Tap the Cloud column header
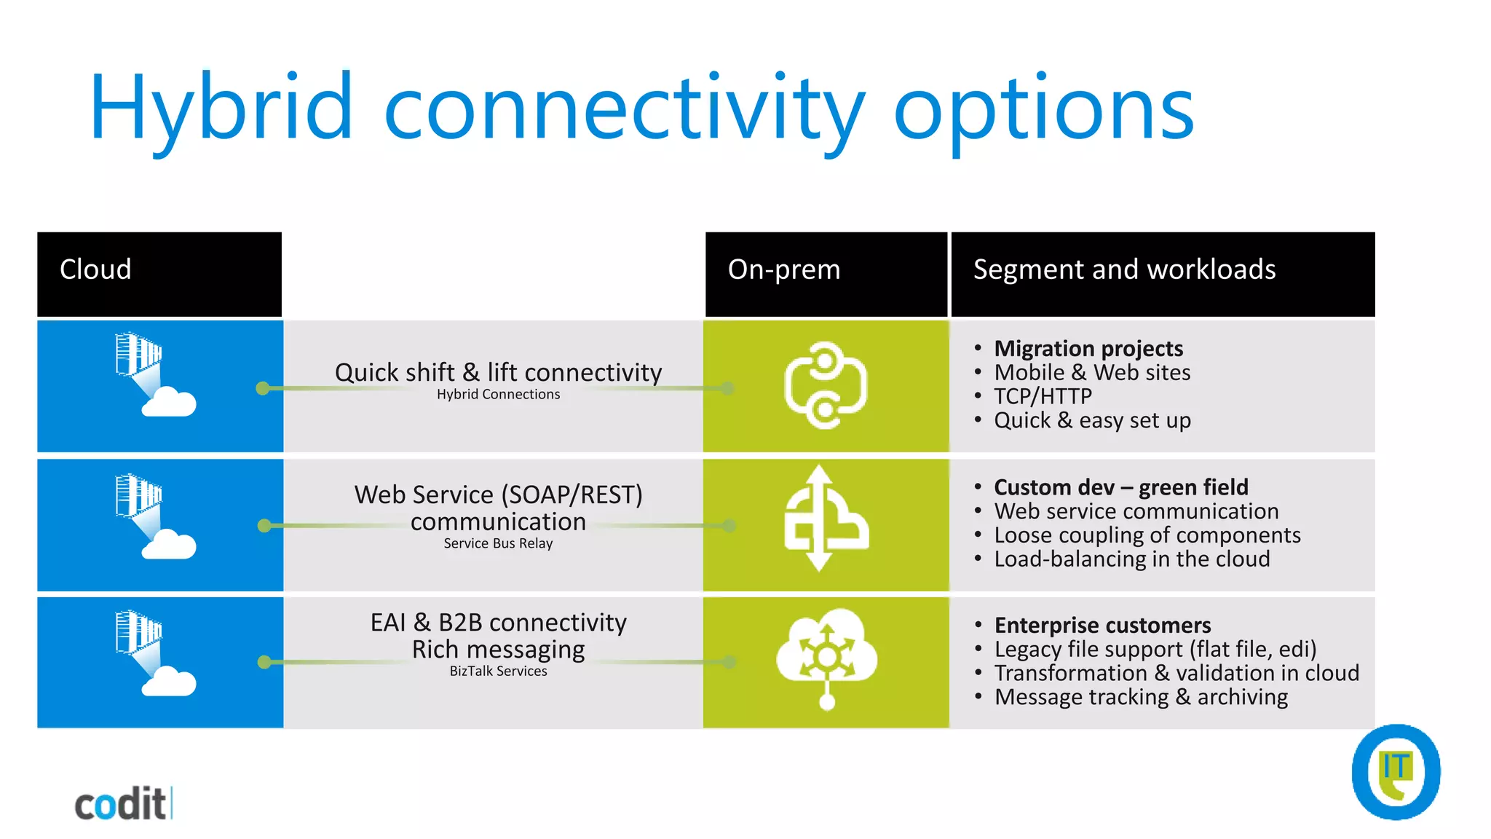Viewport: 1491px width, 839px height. (95, 270)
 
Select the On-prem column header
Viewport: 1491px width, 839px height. (784, 270)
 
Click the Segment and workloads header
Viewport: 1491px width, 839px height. (1124, 270)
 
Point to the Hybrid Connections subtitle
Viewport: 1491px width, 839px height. (498, 395)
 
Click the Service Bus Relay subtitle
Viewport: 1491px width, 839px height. (498, 544)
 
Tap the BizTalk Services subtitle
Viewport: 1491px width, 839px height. (498, 671)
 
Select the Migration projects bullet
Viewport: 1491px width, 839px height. (1088, 349)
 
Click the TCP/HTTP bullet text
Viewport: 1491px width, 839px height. (1043, 397)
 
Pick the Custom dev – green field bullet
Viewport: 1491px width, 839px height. (1121, 487)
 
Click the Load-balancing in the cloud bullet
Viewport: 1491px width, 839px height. (1132, 559)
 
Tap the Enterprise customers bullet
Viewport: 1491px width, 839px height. (1102, 626)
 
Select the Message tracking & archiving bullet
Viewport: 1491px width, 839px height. (1141, 698)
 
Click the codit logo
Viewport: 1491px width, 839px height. (122, 805)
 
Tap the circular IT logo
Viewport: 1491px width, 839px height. (1396, 772)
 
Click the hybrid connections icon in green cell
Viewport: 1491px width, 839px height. (826, 385)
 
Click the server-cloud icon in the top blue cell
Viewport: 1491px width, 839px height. (154, 375)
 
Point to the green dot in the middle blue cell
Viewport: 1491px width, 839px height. (264, 526)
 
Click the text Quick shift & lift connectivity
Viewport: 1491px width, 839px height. (498, 373)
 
